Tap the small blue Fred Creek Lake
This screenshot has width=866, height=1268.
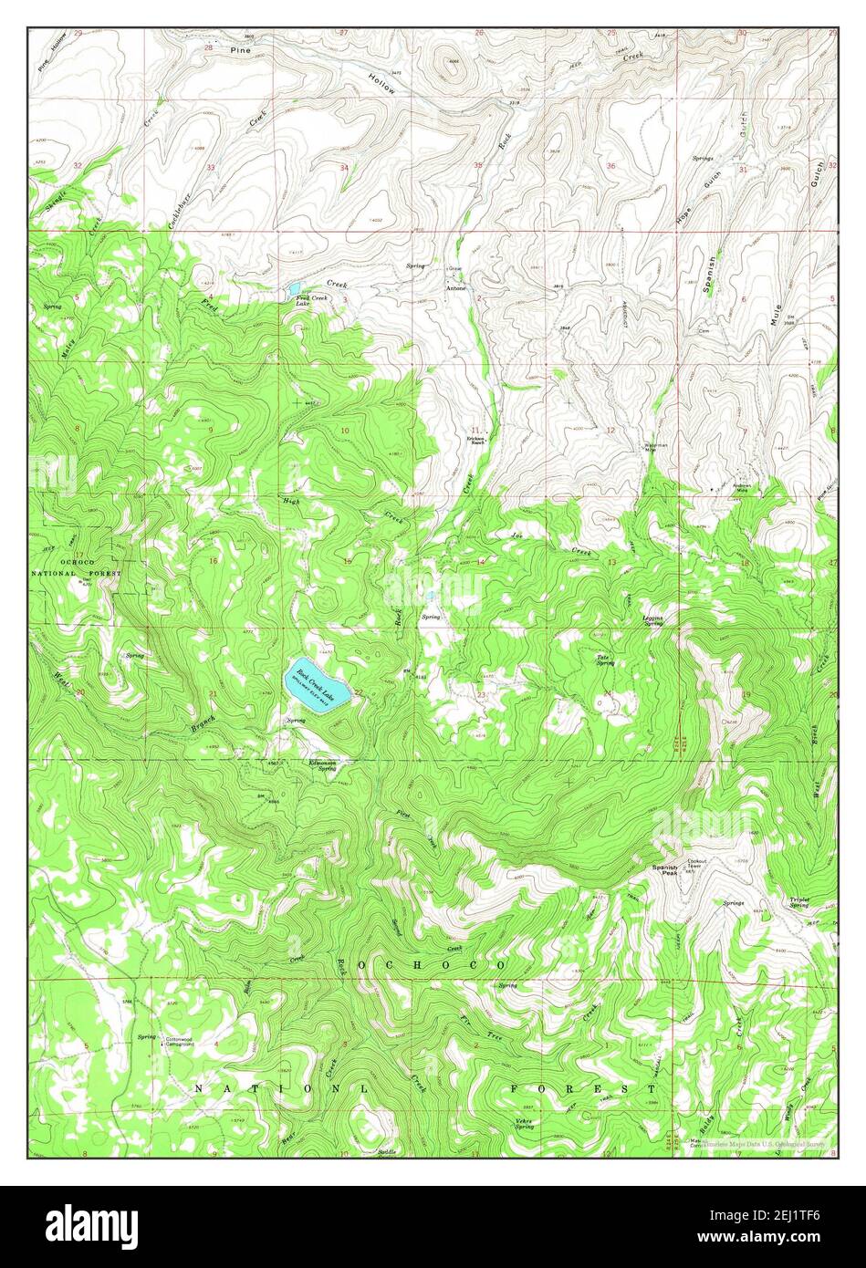(x=295, y=289)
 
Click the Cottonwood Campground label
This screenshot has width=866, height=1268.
(x=178, y=1042)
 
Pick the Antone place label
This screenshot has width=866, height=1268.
(x=455, y=288)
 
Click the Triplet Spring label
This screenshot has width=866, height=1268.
(x=799, y=902)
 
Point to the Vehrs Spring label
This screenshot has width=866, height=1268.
(x=523, y=1124)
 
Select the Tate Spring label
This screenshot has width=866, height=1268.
(x=604, y=660)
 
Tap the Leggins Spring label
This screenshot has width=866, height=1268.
(x=652, y=619)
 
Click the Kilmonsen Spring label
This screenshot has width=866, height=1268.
(x=322, y=765)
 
